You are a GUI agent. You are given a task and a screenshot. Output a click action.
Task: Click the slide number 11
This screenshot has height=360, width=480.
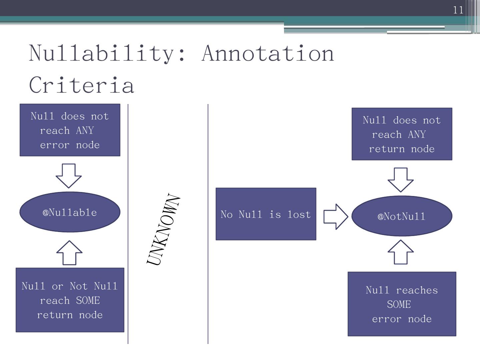pyautogui.click(x=458, y=10)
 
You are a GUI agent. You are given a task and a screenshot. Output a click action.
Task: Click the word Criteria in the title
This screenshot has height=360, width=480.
pyautogui.click(x=82, y=85)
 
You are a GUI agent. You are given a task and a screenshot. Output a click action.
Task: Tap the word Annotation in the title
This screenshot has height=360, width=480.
pyautogui.click(x=268, y=53)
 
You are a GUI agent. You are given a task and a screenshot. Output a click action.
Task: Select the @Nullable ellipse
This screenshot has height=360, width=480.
pyautogui.click(x=70, y=212)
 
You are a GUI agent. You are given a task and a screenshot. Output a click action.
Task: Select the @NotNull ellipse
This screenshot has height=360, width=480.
pyautogui.click(x=402, y=216)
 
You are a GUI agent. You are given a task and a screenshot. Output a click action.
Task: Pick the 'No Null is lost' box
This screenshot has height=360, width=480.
pyautogui.click(x=266, y=214)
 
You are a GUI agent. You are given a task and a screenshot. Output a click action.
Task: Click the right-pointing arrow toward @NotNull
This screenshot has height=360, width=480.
pyautogui.click(x=335, y=216)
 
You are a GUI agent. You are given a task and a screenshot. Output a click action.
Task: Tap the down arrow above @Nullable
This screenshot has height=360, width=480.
pyautogui.click(x=69, y=175)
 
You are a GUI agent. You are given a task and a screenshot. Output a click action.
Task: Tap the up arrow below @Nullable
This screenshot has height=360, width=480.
pyautogui.click(x=69, y=253)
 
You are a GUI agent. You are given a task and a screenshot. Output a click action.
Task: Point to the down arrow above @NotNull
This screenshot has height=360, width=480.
pyautogui.click(x=401, y=179)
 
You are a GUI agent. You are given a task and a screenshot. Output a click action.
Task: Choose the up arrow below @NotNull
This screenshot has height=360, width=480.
pyautogui.click(x=401, y=252)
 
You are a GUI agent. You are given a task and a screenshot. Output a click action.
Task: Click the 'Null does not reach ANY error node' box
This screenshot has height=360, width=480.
pyautogui.click(x=70, y=130)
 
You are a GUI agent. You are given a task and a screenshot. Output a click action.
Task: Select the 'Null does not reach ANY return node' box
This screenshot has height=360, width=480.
pyautogui.click(x=402, y=134)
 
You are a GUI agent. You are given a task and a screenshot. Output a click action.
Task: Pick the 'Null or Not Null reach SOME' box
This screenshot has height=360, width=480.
pyautogui.click(x=70, y=300)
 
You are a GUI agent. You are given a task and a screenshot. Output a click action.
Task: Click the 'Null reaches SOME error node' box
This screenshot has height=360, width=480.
pyautogui.click(x=402, y=304)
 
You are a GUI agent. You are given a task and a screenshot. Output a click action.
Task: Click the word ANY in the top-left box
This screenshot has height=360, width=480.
pyautogui.click(x=85, y=130)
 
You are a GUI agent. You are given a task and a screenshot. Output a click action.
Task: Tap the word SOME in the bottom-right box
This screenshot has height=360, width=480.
pyautogui.click(x=399, y=304)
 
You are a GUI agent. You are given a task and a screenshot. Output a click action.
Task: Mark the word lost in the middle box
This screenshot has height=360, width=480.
pyautogui.click(x=299, y=214)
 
